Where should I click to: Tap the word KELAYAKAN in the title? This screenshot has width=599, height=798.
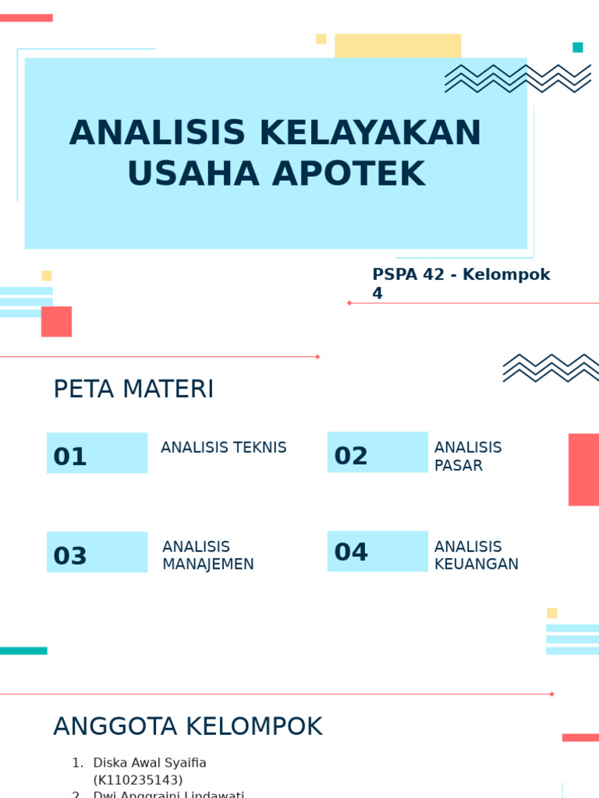[370, 133]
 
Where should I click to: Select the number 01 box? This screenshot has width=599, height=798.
[97, 453]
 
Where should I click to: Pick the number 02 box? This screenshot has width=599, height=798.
[377, 452]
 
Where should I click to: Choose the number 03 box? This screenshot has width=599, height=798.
[97, 553]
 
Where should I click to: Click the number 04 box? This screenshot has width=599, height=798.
[377, 551]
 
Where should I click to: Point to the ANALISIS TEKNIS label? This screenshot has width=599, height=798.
[224, 447]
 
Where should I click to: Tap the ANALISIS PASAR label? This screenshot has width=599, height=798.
[468, 457]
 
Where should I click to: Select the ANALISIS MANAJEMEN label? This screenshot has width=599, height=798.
[208, 556]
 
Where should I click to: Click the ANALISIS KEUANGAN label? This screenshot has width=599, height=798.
[476, 556]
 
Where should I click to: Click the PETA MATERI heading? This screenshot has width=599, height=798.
[133, 389]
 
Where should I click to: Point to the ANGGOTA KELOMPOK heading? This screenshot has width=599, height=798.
[187, 726]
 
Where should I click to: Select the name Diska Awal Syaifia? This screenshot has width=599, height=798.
[150, 763]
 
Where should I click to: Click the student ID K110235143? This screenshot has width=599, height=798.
[138, 780]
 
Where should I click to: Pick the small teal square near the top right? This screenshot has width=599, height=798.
[578, 48]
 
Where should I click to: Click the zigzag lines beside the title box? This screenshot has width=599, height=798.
[517, 79]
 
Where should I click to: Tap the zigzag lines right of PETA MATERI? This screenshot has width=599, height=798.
[551, 368]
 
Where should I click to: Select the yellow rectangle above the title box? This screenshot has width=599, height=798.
[398, 45]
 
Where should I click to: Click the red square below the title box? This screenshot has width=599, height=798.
[56, 321]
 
